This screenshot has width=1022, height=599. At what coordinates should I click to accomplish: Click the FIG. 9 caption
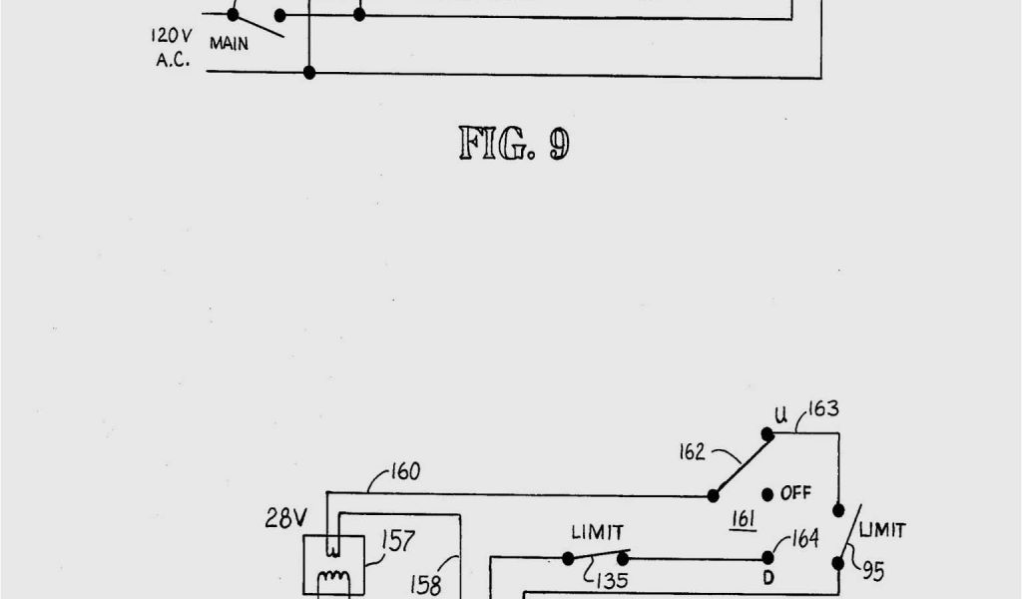point(514,144)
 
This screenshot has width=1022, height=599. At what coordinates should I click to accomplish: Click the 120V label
point(164,35)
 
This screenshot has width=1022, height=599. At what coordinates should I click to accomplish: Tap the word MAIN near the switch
point(230,44)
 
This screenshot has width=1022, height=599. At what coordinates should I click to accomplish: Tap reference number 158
point(426,584)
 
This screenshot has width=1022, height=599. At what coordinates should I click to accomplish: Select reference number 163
point(823,408)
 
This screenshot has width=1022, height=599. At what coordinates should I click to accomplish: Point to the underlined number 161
point(743,518)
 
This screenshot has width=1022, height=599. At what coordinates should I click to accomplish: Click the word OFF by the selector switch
point(795,493)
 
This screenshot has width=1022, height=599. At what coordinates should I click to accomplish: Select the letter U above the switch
point(781,414)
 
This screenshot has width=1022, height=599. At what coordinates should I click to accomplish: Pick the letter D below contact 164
point(767,578)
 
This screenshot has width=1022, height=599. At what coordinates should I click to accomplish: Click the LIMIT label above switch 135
point(597,534)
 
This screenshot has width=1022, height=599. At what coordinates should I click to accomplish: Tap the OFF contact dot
point(766,494)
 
